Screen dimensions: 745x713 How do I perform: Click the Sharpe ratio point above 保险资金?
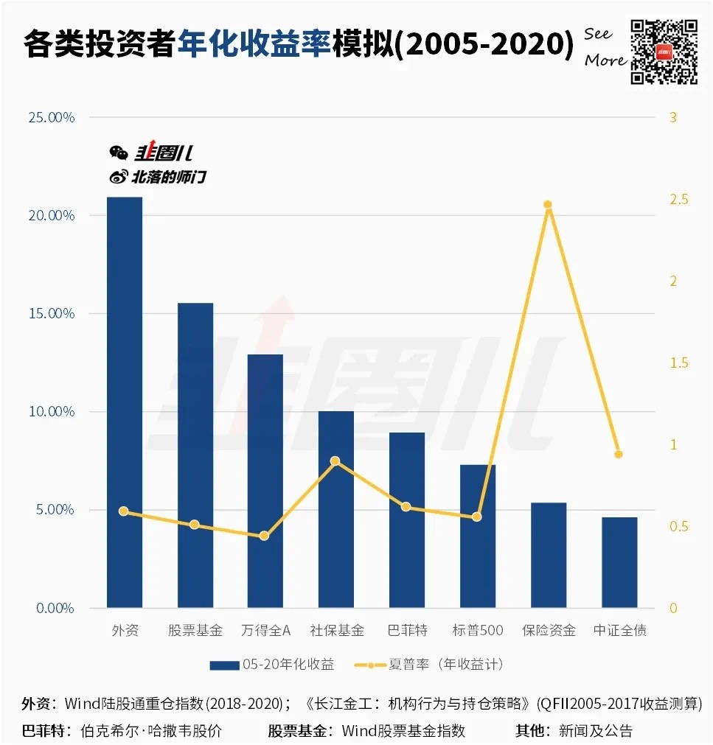click(x=548, y=205)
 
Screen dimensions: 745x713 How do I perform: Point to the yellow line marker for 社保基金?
click(x=335, y=461)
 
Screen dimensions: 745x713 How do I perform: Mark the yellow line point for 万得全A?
click(x=264, y=536)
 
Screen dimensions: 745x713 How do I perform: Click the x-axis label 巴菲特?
click(x=407, y=631)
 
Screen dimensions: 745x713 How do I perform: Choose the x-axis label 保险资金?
click(x=549, y=631)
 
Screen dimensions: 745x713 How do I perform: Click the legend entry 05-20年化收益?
click(x=272, y=665)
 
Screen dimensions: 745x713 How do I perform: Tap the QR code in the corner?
click(x=663, y=50)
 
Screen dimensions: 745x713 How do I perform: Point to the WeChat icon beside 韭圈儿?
click(x=118, y=153)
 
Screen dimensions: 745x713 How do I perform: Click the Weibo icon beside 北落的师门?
click(x=118, y=177)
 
